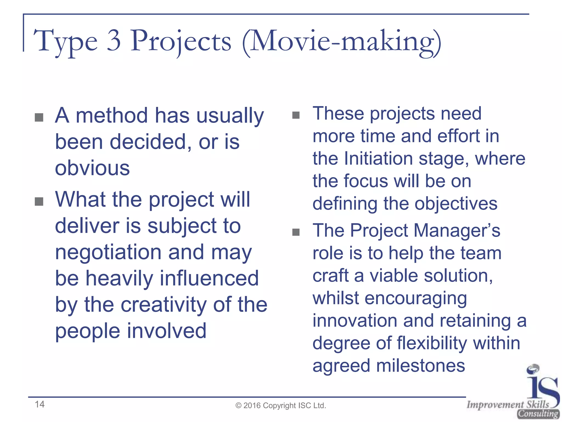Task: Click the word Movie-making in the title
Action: click(342, 41)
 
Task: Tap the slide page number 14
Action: click(40, 404)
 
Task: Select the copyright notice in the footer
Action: click(281, 406)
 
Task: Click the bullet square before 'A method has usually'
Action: click(39, 117)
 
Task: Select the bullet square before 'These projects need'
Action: click(296, 115)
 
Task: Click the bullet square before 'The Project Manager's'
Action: click(296, 232)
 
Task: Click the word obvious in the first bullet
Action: click(92, 168)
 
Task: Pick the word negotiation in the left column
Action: click(108, 252)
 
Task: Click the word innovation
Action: click(355, 320)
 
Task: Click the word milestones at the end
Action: click(420, 365)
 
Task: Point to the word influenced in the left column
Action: click(209, 278)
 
